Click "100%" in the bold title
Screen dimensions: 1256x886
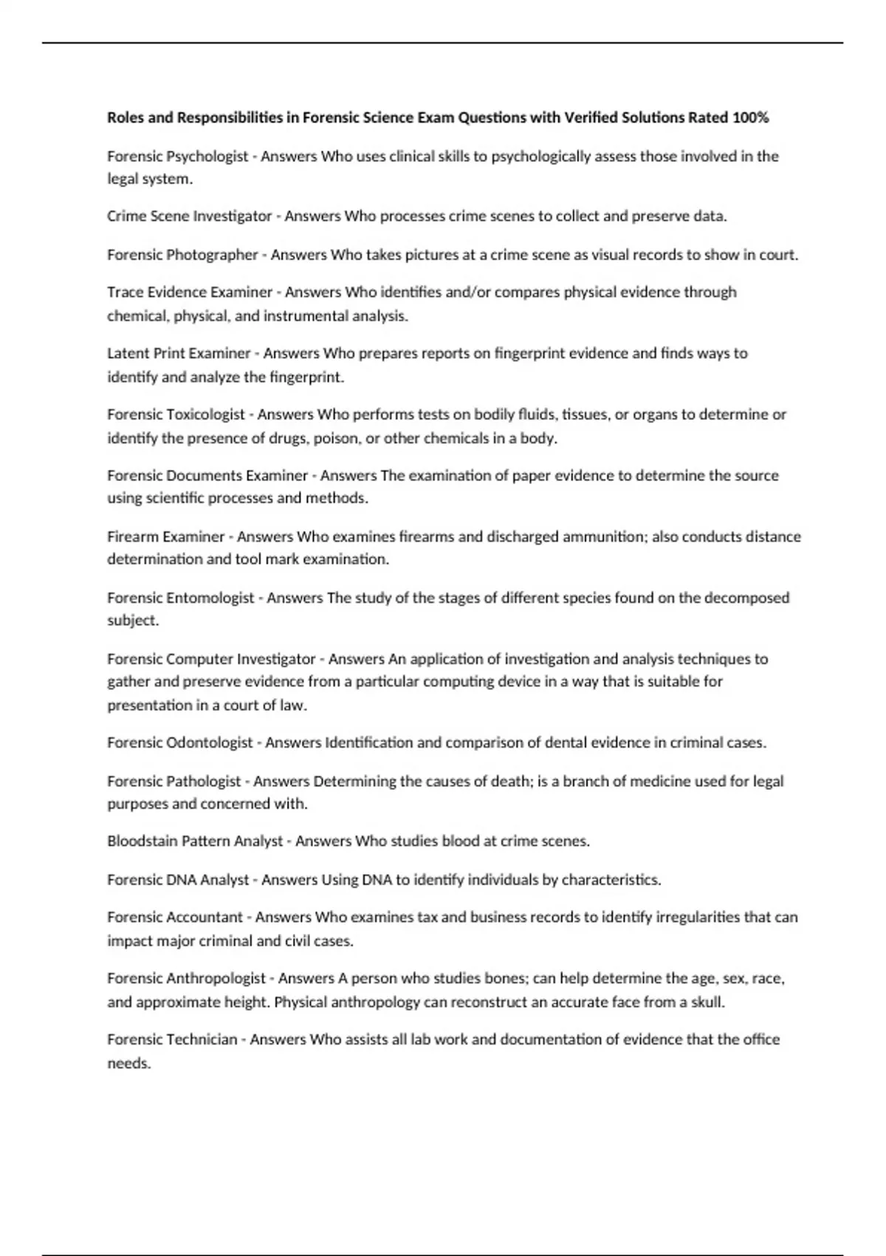pos(750,117)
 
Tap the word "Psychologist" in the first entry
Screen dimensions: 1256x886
pos(207,156)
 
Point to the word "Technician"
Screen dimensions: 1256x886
pos(202,1040)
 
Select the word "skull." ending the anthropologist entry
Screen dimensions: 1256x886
pos(707,1002)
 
